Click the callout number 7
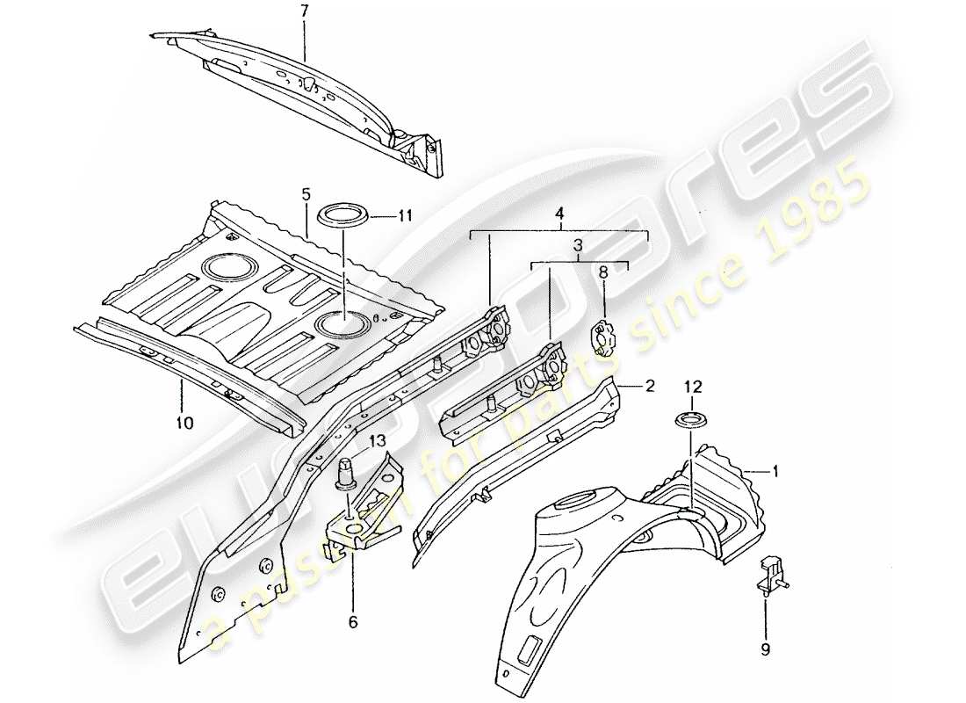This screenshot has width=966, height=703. click(x=305, y=11)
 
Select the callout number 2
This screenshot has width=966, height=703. click(x=649, y=384)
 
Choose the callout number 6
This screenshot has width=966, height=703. click(x=352, y=623)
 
